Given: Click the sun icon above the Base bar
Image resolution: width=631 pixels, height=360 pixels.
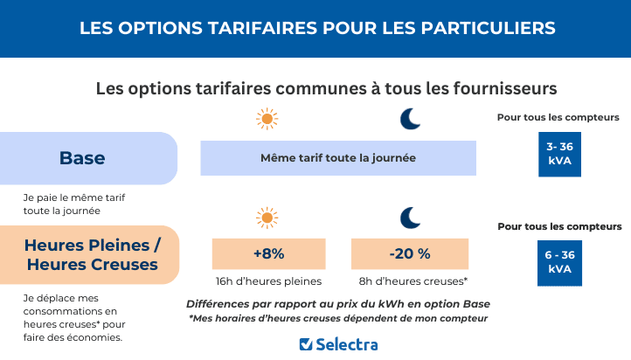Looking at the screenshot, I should (267, 118).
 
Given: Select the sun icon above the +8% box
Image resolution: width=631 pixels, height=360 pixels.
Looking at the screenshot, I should (267, 218).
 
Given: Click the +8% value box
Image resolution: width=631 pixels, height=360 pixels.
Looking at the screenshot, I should (268, 253).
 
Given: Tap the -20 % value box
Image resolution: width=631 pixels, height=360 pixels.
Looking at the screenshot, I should (410, 253).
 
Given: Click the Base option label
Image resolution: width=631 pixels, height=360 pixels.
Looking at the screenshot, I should (82, 158).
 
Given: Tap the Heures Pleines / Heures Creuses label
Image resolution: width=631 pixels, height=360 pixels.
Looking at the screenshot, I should (92, 253).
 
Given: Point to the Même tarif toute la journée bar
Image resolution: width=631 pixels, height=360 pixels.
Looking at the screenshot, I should (338, 158).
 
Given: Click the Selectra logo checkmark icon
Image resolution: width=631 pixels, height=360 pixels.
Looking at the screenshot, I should (306, 344).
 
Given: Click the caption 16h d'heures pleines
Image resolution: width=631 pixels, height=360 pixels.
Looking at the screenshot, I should (268, 281).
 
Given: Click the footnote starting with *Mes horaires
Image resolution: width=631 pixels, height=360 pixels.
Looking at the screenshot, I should (338, 318).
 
